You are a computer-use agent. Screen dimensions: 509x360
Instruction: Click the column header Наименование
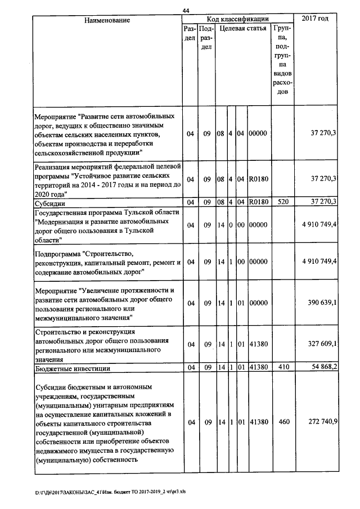click(107, 20)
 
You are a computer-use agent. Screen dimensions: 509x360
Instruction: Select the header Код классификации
click(237, 19)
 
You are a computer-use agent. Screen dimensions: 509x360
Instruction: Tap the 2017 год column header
click(315, 19)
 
